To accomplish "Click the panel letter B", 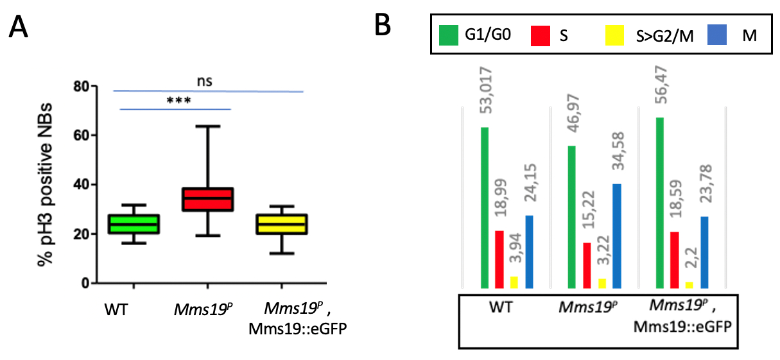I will [x=383, y=27].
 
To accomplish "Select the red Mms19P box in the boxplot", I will [x=209, y=199].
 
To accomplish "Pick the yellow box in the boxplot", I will [x=282, y=223].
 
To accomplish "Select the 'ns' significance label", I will [x=205, y=81].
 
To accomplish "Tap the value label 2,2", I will [x=688, y=260].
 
